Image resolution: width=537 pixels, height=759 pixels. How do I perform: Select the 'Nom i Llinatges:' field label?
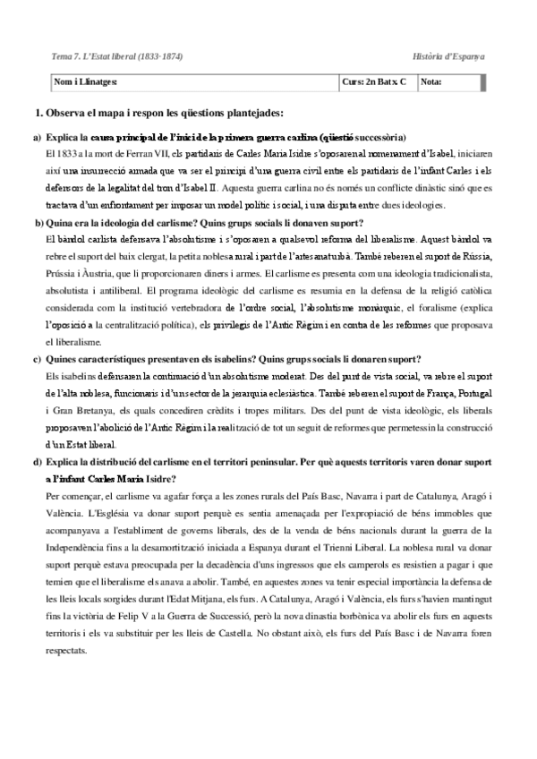86,82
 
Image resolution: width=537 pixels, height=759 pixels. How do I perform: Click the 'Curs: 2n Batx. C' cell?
373,82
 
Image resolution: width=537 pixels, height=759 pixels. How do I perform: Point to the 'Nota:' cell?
430,82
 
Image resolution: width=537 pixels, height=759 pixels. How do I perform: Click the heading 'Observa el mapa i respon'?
165,114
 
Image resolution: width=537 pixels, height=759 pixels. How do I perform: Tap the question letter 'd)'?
37,462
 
